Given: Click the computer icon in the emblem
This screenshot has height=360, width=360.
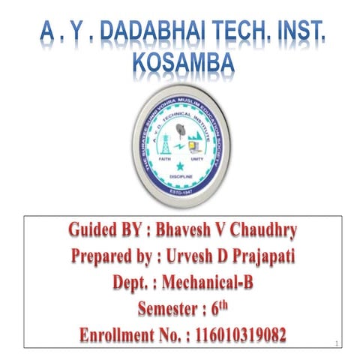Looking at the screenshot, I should pos(196,142).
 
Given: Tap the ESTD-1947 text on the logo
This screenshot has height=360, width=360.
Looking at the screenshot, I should pos(180,192).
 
